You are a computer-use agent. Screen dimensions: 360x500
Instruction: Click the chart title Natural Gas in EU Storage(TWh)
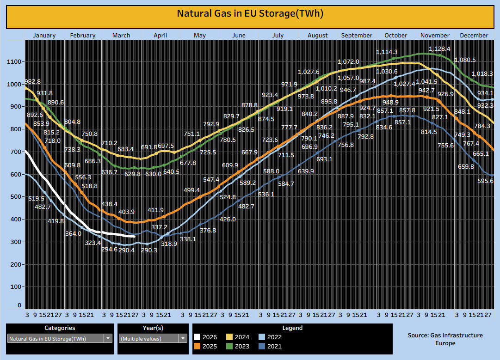point(250,13)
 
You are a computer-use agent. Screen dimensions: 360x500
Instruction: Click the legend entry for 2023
point(242,346)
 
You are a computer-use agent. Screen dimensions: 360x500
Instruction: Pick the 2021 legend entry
point(274,346)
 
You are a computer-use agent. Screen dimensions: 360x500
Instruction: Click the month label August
point(317,35)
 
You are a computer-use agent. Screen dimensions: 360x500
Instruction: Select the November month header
point(435,35)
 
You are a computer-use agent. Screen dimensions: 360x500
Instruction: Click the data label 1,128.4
point(439,49)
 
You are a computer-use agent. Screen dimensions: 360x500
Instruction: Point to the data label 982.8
point(32,81)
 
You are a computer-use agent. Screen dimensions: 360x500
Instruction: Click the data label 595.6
point(485,181)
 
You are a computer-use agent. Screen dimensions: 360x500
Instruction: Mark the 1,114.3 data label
point(387,52)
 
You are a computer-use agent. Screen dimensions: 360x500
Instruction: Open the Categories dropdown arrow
point(108,338)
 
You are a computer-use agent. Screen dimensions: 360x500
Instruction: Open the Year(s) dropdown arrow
point(183,338)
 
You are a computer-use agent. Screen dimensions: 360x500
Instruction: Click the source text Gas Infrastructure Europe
point(445,339)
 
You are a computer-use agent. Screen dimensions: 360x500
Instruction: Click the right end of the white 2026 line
point(135,236)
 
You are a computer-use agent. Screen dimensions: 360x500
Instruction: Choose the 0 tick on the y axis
point(19,305)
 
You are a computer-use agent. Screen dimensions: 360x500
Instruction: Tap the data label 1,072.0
point(348,61)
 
